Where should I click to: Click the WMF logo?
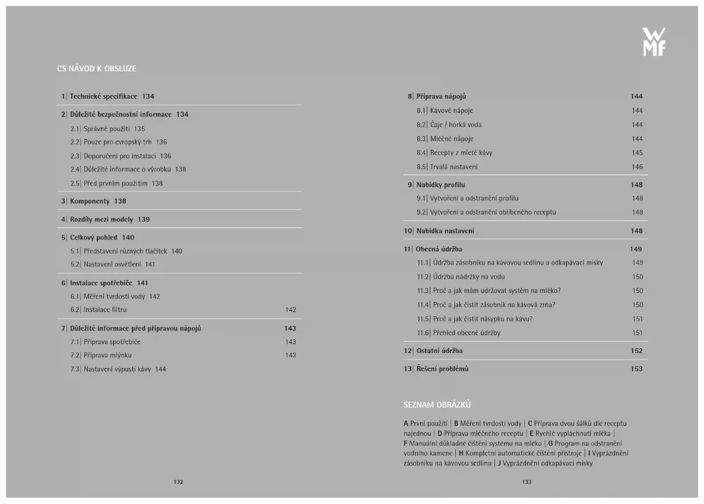[654, 42]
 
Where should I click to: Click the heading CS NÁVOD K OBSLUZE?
[97, 69]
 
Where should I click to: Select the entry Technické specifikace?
[103, 96]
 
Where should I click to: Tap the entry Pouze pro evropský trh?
[118, 142]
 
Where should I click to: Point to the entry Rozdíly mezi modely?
[102, 219]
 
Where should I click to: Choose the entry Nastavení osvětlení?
[112, 264]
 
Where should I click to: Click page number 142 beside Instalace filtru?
[290, 310]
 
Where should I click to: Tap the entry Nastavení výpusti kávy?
[116, 369]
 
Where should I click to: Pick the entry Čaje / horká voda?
[455, 125]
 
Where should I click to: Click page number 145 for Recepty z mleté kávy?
[637, 153]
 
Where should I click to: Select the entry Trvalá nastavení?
[454, 167]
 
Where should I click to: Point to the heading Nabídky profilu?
[440, 185]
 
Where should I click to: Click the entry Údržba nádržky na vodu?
[468, 276]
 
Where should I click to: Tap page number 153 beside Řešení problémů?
[636, 369]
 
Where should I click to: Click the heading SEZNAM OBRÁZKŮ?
[437, 405]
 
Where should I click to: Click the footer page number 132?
[178, 482]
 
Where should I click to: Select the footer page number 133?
[527, 482]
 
